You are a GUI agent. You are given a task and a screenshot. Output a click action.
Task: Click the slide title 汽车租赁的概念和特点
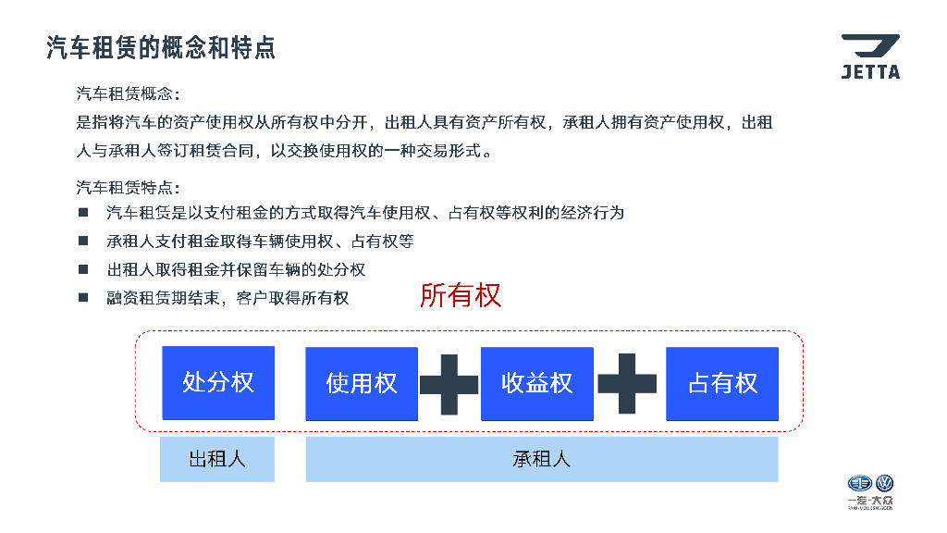[x=161, y=48]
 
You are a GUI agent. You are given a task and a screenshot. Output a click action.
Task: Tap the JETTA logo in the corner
[x=869, y=56]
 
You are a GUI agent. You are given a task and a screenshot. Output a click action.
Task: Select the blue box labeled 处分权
[x=218, y=382]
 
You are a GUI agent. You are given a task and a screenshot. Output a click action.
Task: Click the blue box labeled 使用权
[x=362, y=383]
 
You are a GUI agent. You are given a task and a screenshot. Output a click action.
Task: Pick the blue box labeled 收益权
[x=537, y=383]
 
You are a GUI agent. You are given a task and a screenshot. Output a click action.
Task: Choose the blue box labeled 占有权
[x=722, y=383]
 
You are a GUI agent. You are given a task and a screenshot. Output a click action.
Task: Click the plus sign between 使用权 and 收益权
[x=449, y=383]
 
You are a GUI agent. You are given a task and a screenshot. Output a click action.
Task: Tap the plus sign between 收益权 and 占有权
[x=628, y=383]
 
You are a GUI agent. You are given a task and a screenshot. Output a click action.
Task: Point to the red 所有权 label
[x=461, y=295]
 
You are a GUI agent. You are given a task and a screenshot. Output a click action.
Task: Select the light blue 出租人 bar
[x=217, y=459]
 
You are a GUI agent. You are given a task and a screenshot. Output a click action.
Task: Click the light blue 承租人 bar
[x=542, y=459]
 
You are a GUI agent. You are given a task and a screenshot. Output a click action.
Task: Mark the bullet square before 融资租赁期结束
[x=83, y=298]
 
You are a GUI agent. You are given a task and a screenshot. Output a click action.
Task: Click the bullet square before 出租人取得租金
[x=83, y=269]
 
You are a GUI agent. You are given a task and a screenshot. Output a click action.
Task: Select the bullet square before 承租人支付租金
[x=83, y=241]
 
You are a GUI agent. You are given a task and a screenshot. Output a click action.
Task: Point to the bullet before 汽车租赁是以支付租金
[x=83, y=213]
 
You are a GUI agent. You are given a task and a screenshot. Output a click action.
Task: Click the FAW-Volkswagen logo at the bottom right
[x=871, y=491]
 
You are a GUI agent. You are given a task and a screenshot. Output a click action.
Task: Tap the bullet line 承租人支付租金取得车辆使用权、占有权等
[x=260, y=242]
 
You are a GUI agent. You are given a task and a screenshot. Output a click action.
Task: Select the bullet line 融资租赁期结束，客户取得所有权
[x=228, y=298]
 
